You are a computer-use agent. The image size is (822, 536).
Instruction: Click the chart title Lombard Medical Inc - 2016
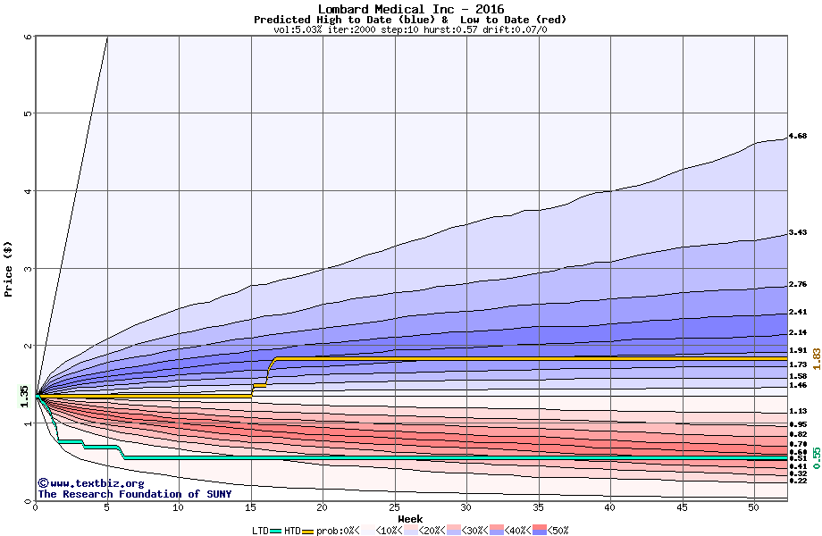click(410, 9)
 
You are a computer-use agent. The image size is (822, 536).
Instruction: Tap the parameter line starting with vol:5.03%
click(410, 29)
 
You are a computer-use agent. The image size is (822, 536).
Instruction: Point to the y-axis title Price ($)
click(9, 268)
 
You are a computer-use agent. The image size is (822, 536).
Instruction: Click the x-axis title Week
click(410, 518)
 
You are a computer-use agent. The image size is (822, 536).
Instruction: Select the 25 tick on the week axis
click(394, 507)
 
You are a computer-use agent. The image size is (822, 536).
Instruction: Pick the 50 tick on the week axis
click(753, 507)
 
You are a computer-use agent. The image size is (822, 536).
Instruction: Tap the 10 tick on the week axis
click(179, 507)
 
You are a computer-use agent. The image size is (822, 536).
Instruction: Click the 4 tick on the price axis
click(28, 190)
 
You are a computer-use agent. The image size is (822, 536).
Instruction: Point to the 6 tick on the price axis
click(28, 37)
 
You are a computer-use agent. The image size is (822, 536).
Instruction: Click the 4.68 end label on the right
click(798, 136)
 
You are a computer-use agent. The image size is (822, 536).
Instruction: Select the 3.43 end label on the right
click(798, 232)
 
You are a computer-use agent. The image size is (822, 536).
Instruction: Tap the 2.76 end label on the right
click(798, 284)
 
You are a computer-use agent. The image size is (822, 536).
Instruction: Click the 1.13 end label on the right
click(798, 411)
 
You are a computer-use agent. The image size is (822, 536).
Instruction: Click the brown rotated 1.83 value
click(816, 359)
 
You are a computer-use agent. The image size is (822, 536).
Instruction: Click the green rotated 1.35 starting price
click(25, 396)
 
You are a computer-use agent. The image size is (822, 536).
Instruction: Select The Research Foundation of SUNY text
click(134, 494)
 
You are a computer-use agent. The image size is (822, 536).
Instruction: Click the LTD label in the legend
click(260, 530)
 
